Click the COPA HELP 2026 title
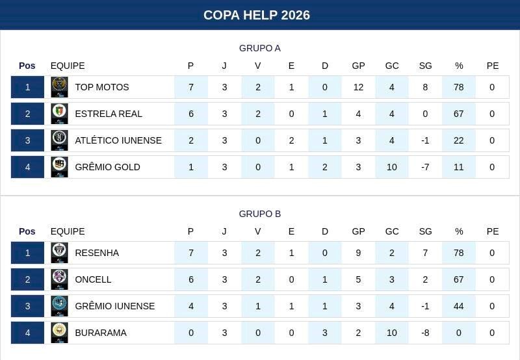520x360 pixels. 257,15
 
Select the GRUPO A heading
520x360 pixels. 260,48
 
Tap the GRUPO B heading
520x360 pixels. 260,214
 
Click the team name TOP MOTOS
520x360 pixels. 102,87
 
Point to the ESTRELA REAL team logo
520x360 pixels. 59,114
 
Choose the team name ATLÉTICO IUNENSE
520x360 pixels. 118,140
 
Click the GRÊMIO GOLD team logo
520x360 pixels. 59,167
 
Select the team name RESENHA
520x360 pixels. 97,253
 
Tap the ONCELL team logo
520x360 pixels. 59,279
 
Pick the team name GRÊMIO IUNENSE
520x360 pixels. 115,306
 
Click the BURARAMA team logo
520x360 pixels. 59,333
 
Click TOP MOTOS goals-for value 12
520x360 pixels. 358,87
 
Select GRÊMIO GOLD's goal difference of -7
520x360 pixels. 425,167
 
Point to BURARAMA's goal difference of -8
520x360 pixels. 425,333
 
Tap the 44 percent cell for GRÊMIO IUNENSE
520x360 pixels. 459,306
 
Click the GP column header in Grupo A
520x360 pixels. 358,66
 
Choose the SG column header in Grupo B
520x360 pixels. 425,231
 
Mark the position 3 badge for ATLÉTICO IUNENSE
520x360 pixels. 27,140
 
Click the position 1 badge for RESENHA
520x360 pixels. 27,253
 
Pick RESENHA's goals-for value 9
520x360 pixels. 358,253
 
